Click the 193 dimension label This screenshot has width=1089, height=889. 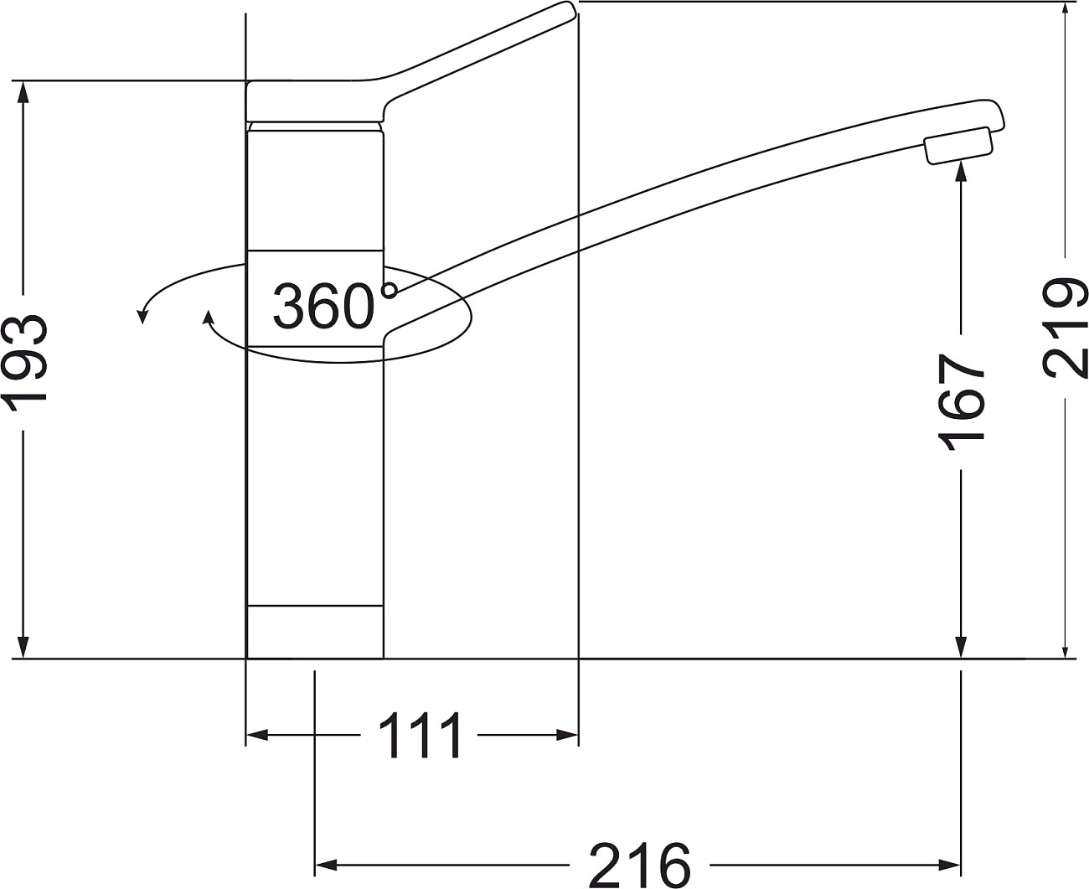point(25,363)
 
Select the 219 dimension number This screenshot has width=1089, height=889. point(1065,328)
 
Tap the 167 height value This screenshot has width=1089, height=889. point(961,402)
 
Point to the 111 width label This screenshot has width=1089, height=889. point(420,735)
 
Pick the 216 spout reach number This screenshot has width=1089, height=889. point(639,866)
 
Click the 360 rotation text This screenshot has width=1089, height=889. point(323,306)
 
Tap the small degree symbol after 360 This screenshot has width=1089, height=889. point(390,290)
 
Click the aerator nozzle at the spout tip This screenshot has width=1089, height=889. point(959,146)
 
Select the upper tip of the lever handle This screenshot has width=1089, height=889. point(568,5)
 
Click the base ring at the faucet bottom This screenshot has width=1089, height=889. point(315,632)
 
